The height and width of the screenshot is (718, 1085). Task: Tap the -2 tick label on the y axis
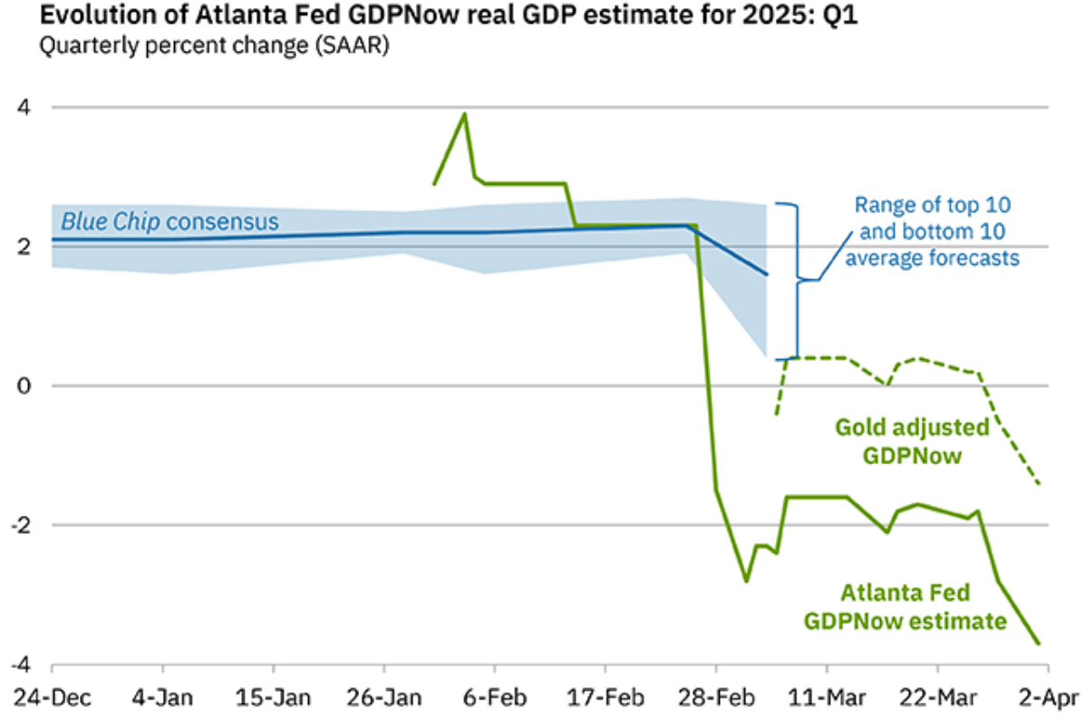click(24, 525)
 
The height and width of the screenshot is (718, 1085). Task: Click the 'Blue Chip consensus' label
click(170, 221)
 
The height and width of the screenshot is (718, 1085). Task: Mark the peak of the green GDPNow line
click(465, 114)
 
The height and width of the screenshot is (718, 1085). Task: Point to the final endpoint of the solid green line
click(1039, 644)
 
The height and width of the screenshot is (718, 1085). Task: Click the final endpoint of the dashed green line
click(1039, 484)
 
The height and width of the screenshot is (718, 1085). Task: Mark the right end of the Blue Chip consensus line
click(767, 274)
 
